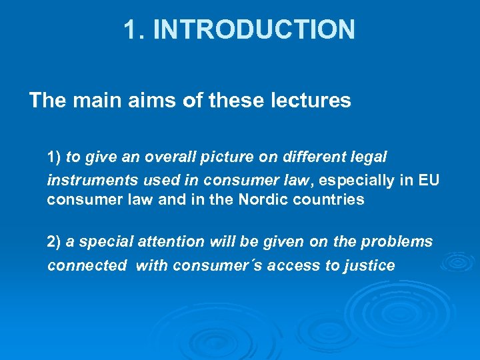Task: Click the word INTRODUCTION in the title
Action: tap(254, 29)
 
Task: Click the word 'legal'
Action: tap(368, 157)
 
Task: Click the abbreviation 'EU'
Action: tap(429, 179)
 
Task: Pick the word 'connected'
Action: tap(87, 265)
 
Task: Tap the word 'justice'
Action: tap(369, 265)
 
